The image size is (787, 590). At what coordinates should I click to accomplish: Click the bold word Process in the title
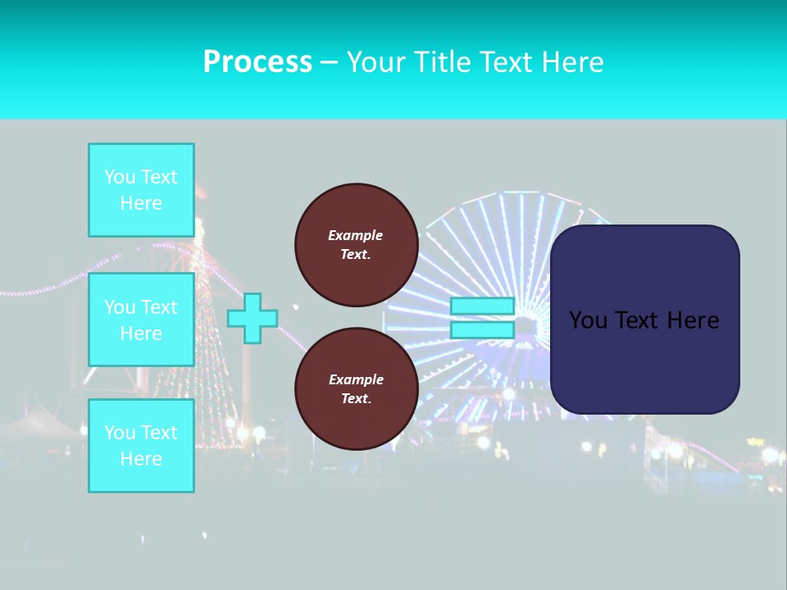[x=257, y=62]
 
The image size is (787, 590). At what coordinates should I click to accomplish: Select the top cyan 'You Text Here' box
[x=141, y=190]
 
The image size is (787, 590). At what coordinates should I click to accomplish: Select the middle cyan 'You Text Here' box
[x=141, y=320]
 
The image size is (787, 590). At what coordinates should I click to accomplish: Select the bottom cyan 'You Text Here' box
[x=141, y=446]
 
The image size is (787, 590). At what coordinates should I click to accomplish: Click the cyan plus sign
[x=252, y=318]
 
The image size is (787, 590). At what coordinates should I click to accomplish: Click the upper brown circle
[x=356, y=245]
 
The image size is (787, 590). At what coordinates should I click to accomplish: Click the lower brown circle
[x=356, y=389]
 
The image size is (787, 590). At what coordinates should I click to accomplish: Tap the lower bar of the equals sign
[x=482, y=329]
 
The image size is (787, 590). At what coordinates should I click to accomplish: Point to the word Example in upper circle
[x=356, y=235]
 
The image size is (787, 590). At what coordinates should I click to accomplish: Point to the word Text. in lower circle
[x=356, y=399]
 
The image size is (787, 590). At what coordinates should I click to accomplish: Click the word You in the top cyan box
[x=120, y=177]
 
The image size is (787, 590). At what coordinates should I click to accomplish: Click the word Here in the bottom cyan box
[x=141, y=459]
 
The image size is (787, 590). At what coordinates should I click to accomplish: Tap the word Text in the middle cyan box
[x=159, y=307]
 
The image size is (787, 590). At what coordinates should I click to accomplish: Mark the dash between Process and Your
[x=329, y=62]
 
